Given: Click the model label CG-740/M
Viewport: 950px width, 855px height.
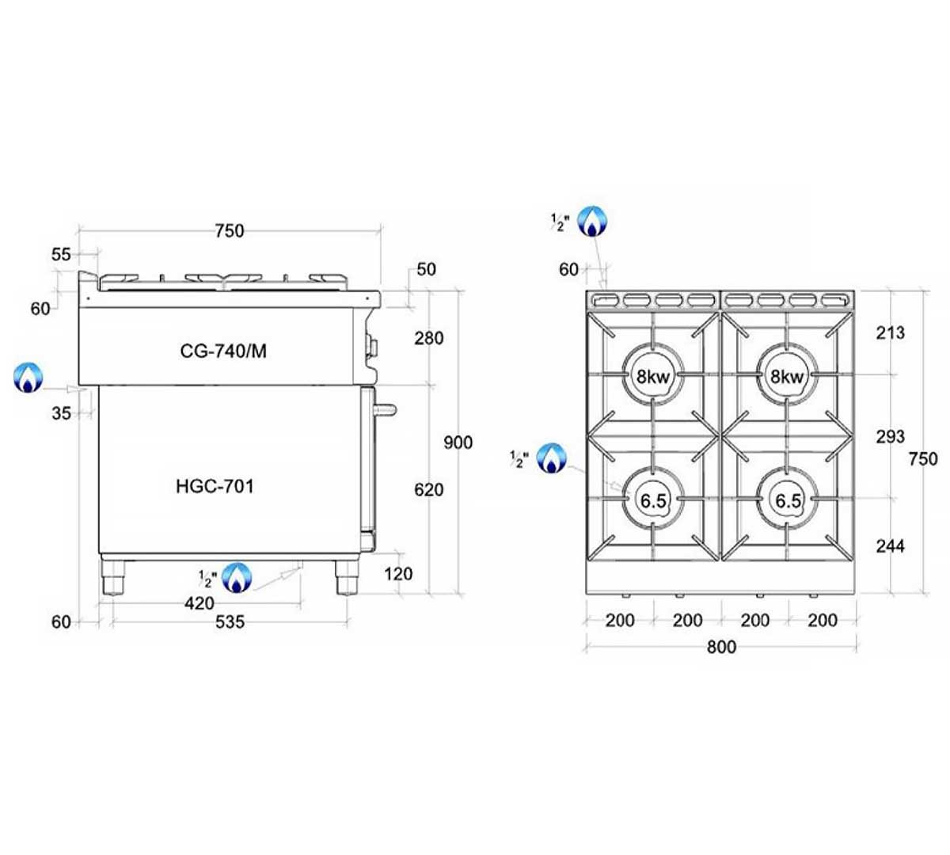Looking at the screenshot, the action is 223,351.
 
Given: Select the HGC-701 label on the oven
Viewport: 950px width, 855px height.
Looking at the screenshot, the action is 215,486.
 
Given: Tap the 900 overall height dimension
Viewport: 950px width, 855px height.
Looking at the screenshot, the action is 458,443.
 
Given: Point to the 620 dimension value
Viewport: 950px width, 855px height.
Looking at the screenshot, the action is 428,489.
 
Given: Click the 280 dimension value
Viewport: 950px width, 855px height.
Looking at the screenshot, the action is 428,338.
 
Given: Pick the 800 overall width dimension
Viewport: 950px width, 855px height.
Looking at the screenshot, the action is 721,647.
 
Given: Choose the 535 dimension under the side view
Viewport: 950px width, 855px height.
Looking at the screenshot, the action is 230,622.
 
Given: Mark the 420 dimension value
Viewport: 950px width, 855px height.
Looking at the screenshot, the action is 199,603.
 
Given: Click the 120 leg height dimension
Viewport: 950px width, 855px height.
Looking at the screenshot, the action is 398,574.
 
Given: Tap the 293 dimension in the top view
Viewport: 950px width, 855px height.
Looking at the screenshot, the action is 891,436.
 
